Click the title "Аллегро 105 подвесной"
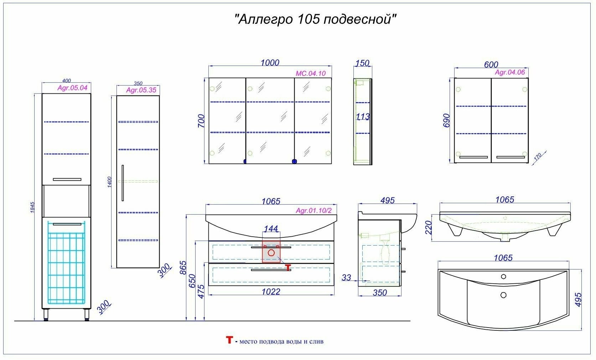point(316,19)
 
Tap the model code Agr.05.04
point(72,88)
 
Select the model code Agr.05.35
point(141,90)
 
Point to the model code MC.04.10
point(311,74)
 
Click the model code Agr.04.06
point(510,72)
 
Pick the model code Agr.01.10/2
point(313,211)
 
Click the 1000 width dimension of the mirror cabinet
point(270,63)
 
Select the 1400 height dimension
point(110,182)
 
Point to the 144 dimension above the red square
point(271,229)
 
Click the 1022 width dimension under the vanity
point(271,292)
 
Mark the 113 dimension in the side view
point(363,117)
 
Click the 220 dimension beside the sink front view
point(429,227)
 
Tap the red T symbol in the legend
point(229,340)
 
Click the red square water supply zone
point(271,252)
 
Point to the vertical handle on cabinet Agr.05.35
point(123,183)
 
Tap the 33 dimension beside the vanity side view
point(346,278)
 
